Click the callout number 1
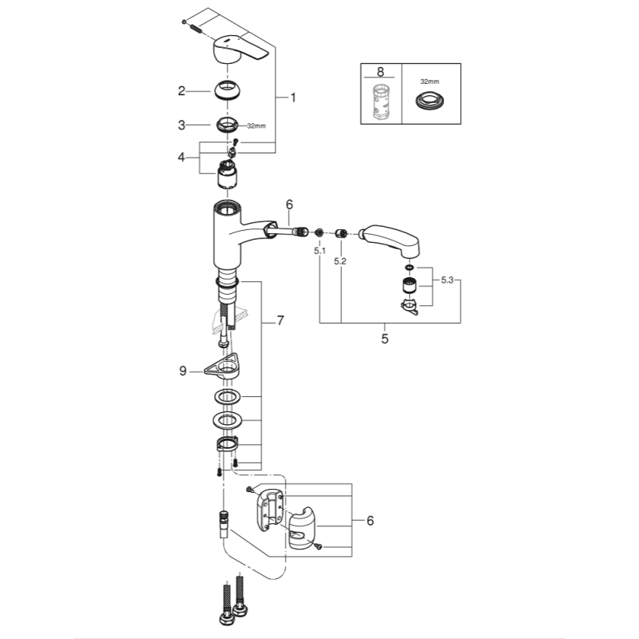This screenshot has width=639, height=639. point(292,98)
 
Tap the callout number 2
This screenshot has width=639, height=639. point(182,91)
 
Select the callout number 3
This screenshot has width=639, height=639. point(182,125)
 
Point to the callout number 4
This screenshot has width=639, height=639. point(182,158)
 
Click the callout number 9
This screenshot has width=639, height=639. point(183,370)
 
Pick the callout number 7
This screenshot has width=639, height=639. point(280,321)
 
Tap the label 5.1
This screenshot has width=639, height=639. point(319,251)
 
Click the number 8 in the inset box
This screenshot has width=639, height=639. point(380,72)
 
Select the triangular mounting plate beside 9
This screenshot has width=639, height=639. point(224,368)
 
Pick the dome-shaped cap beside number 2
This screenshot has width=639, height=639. point(228,91)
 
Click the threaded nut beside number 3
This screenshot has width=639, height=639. point(228,125)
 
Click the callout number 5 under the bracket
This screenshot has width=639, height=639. point(384,339)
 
